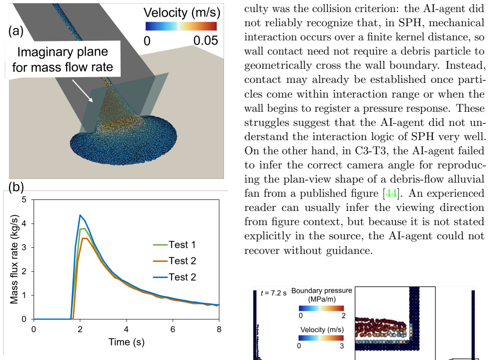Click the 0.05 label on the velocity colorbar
pyautogui.click(x=206, y=40)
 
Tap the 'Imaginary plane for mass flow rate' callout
pyautogui.click(x=62, y=59)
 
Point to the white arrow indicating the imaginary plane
pyautogui.click(x=83, y=91)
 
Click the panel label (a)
pyautogui.click(x=16, y=31)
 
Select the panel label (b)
pyautogui.click(x=16, y=187)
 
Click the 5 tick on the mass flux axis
pyautogui.click(x=24, y=199)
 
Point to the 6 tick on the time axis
pyautogui.click(x=173, y=330)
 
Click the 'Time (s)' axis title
pyautogui.click(x=126, y=342)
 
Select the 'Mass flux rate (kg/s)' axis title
pyautogui.click(x=14, y=259)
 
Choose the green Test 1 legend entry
pyautogui.click(x=174, y=245)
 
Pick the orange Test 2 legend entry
pyautogui.click(x=174, y=261)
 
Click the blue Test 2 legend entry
pyautogui.click(x=174, y=277)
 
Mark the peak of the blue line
pyautogui.click(x=80, y=215)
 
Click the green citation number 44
pyautogui.click(x=391, y=194)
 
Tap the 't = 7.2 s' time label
pyautogui.click(x=273, y=293)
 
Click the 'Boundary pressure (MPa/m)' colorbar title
pyautogui.click(x=322, y=295)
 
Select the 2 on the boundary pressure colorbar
pyautogui.click(x=343, y=316)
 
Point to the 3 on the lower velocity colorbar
pyautogui.click(x=342, y=346)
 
